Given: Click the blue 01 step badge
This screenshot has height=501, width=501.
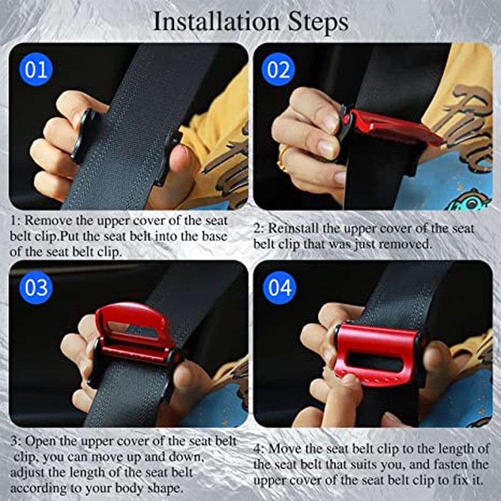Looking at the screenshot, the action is pos(36,70).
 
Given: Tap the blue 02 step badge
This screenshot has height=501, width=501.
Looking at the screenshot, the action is pos(278,70).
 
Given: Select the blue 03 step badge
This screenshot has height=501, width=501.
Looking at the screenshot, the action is pos(36,287).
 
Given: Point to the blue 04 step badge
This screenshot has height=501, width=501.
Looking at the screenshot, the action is pos(279,287).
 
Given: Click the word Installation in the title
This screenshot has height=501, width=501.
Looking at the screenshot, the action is pos(216,21).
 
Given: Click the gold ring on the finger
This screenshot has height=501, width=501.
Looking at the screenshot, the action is pos(282,158).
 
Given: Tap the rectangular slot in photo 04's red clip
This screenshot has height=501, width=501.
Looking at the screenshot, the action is pos(374,362).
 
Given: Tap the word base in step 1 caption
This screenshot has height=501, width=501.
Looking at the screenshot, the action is pos(215,237).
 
